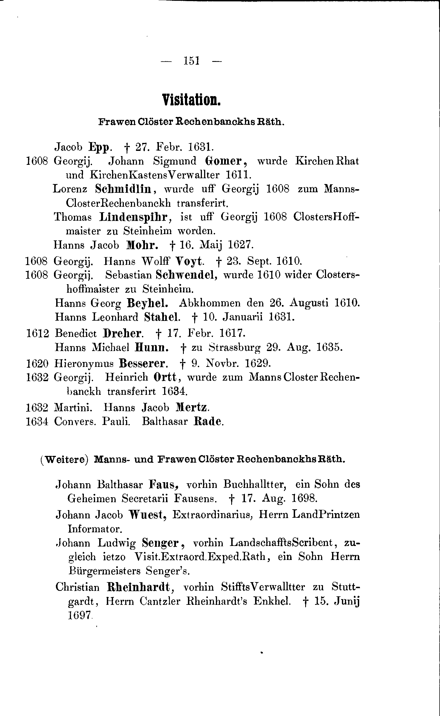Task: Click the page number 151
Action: (x=192, y=61)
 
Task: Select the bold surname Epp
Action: (x=99, y=148)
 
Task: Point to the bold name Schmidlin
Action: (x=123, y=189)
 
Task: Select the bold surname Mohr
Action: (x=142, y=245)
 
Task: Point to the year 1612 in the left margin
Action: (x=38, y=333)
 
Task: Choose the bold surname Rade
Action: (x=207, y=421)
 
